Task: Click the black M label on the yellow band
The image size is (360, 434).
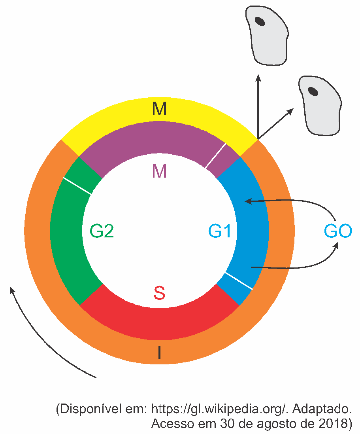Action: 160,109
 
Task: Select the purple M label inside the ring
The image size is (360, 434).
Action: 160,171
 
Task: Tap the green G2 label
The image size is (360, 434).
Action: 102,231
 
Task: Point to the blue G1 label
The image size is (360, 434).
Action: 220,231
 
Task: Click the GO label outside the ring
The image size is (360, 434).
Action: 338,231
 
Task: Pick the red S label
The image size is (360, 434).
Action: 160,293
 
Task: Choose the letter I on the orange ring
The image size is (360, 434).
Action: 159,353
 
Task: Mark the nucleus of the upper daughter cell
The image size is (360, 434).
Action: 260,21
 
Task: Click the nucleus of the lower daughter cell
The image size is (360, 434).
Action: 313,91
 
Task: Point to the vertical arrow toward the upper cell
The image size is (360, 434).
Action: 258,106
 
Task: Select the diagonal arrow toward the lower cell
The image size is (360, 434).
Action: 275,123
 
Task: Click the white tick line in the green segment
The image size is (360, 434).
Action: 77,186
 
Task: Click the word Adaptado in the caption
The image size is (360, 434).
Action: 322,409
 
